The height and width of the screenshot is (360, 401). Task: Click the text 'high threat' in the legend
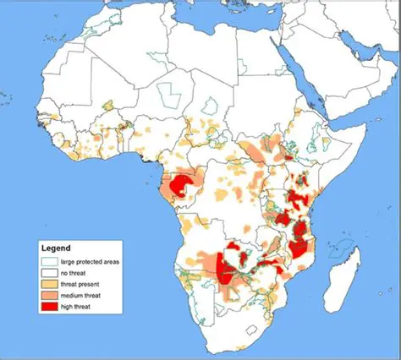pyautogui.click(x=81, y=306)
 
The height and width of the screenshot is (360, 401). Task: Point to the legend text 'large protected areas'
pyautogui.click(x=93, y=262)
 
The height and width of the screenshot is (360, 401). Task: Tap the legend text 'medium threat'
pyautogui.click(x=85, y=295)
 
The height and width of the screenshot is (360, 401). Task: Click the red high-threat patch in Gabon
pyautogui.click(x=180, y=184)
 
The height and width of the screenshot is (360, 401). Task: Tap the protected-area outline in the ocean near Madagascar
pyautogui.click(x=340, y=247)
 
